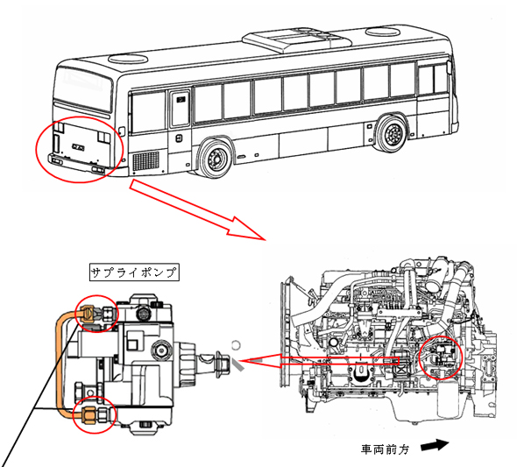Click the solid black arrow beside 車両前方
(x=434, y=447)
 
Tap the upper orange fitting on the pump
(x=90, y=310)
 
